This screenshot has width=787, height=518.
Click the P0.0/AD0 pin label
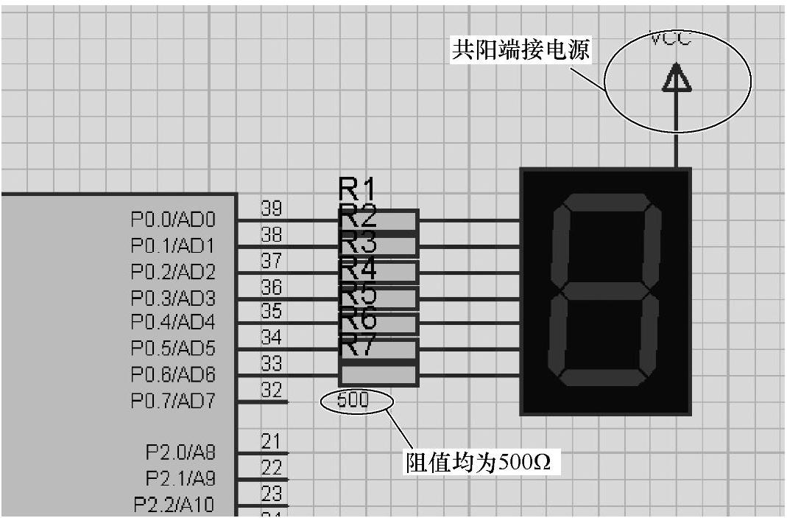pos(173,220)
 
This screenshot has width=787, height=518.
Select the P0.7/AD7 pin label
pos(173,402)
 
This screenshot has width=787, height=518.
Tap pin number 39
pos(272,209)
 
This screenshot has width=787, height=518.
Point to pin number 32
pos(272,391)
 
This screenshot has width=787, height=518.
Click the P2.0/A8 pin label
pos(180,452)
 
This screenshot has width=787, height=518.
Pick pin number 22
pos(272,468)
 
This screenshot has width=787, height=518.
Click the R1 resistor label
pos(357,189)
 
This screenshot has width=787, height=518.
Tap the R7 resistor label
pos(358,344)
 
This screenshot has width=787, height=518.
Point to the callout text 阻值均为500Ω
pos(479,463)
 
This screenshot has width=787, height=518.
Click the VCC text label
pos(671,39)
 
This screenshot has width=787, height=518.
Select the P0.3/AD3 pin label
pos(173,298)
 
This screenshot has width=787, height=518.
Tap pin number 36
pos(272,287)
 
